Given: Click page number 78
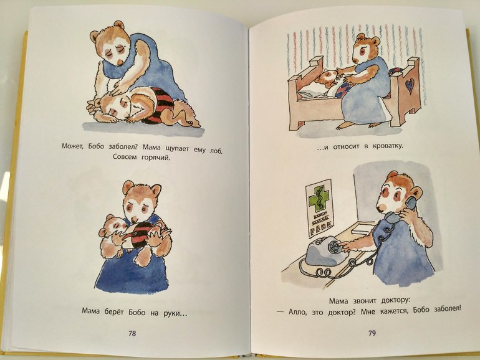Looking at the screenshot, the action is tap(132, 333).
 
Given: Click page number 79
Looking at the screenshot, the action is tap(372, 333).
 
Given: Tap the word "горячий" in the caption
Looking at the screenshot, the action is tap(155, 158).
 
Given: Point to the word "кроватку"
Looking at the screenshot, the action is tap(388, 146).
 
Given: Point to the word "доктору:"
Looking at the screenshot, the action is tap(395, 300).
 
